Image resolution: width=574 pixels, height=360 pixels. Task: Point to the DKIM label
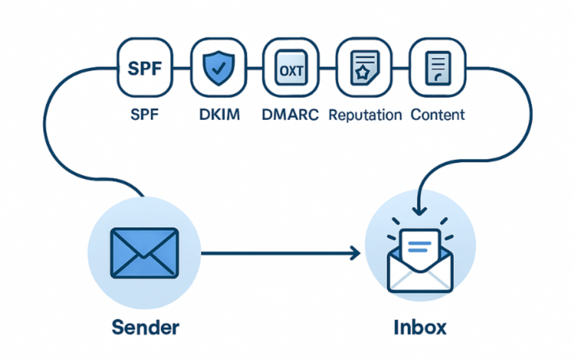point(219,115)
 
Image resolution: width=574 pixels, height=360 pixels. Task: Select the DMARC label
point(290,115)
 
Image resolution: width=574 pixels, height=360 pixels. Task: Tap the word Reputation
point(365,115)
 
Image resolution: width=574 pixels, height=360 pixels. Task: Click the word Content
point(438,115)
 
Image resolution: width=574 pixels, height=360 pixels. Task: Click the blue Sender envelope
point(145,252)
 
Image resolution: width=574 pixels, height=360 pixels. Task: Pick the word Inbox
point(420,327)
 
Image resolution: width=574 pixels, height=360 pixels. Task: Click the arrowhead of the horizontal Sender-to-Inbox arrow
point(355,253)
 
